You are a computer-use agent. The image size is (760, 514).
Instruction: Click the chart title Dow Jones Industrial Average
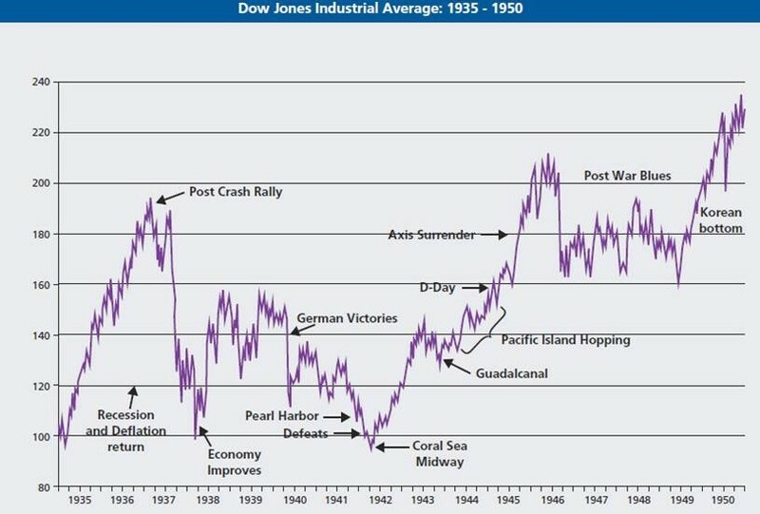[x=380, y=11]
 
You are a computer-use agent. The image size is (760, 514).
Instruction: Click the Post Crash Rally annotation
[x=236, y=192]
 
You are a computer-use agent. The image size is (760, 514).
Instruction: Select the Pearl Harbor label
[x=281, y=415]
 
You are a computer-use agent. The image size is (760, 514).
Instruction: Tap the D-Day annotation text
[x=438, y=286]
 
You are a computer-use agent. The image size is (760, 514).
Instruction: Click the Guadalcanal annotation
[x=513, y=372]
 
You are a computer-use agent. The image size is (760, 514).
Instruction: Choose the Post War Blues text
[x=627, y=176]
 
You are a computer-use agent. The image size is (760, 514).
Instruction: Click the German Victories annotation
[x=347, y=318]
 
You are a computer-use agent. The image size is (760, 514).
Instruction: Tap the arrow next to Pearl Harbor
[x=337, y=416]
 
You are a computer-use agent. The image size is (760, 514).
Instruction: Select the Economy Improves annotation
[x=235, y=461]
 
